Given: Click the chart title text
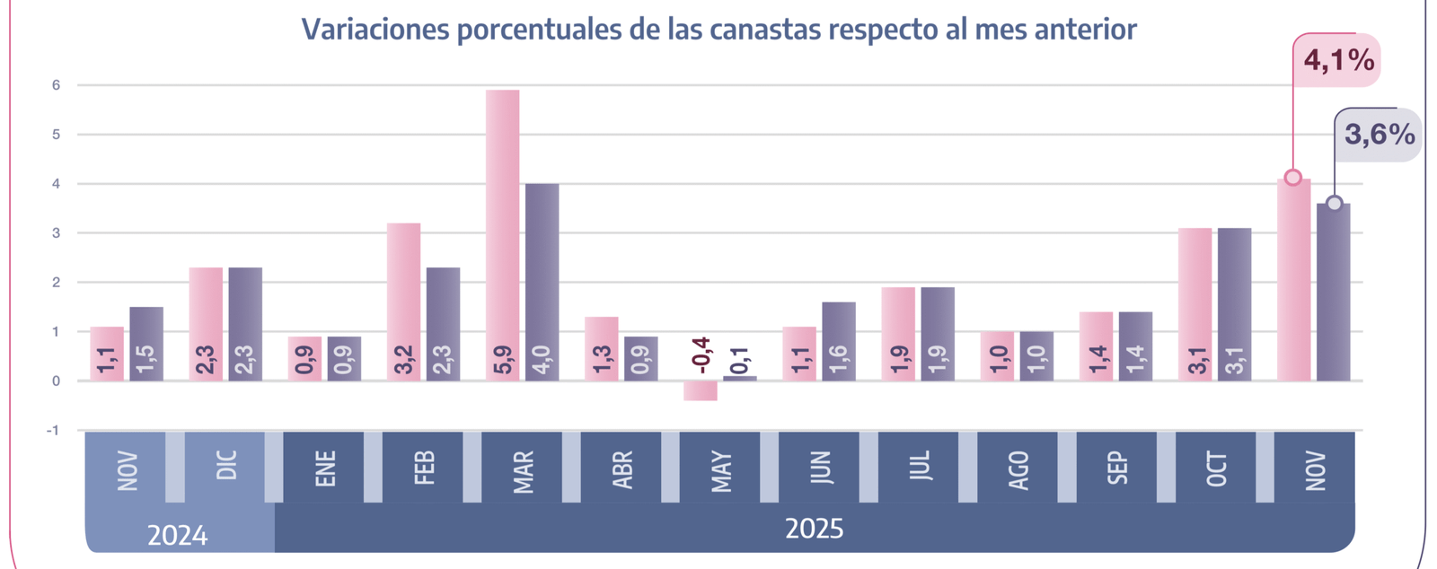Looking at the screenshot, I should [x=718, y=30].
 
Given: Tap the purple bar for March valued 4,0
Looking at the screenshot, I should [x=542, y=282].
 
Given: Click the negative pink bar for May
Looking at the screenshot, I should [x=701, y=390].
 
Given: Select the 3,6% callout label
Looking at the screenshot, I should [x=1379, y=135].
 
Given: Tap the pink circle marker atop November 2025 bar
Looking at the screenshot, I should [x=1292, y=178].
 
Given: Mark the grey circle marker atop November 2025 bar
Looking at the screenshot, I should [x=1335, y=204].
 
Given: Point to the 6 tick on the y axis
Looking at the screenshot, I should [x=56, y=85].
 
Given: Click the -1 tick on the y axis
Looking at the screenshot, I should [x=53, y=430].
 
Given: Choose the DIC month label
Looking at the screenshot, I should [x=226, y=467].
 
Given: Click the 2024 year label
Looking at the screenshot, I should [x=178, y=536].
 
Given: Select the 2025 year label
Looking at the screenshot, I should [x=814, y=529].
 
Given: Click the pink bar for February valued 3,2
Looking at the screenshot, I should [x=403, y=302].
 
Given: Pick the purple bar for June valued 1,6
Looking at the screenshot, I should [x=839, y=341].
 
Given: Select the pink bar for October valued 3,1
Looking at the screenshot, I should [x=1195, y=304].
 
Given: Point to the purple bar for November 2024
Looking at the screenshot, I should [x=146, y=344].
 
